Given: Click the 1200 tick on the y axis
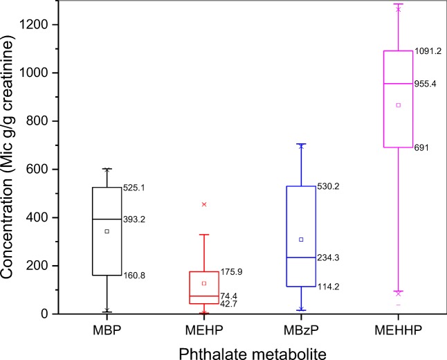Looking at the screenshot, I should [44, 25].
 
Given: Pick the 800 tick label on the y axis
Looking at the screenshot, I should [46, 121].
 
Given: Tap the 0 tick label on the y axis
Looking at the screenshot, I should [55, 314].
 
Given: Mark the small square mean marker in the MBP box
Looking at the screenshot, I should [107, 231].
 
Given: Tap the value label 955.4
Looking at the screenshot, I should [428, 84].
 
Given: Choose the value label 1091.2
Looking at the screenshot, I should [430, 51].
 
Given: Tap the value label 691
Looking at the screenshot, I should [422, 147].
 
